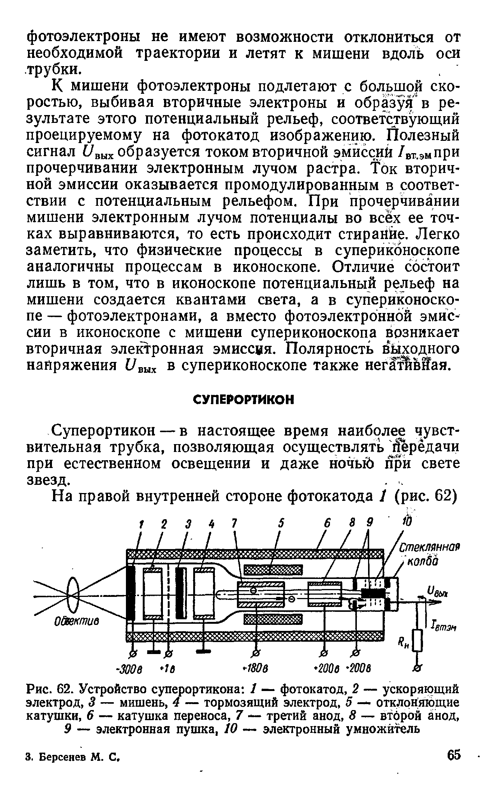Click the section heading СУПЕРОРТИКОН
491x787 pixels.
pyautogui.click(x=244, y=400)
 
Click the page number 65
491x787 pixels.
pyautogui.click(x=453, y=755)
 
